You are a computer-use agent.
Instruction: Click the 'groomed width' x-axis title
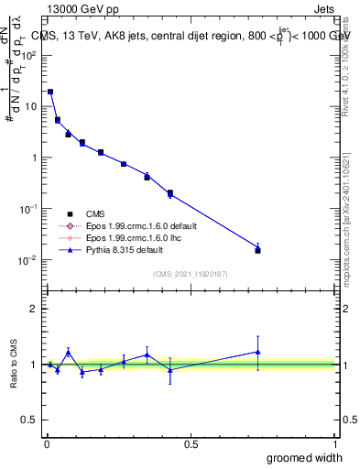point(305,457)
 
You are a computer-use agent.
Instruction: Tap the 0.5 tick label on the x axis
point(191,444)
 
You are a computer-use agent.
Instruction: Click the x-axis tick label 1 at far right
point(335,444)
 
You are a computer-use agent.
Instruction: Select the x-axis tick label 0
point(46,444)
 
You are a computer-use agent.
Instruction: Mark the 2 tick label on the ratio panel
point(35,309)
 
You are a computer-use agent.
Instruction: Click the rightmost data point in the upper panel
point(257,249)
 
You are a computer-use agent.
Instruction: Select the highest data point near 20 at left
point(50,92)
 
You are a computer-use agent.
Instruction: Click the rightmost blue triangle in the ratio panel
point(257,352)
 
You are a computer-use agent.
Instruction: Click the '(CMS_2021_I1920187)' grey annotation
point(190,274)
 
